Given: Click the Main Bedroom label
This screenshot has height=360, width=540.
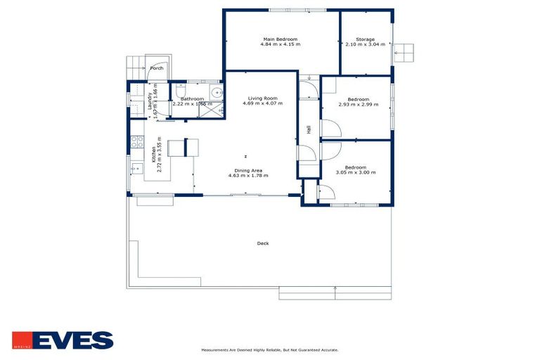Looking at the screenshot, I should tap(281, 39).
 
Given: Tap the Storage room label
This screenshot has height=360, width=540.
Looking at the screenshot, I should tap(365, 39).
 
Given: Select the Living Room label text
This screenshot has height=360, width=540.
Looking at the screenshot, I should tap(262, 98).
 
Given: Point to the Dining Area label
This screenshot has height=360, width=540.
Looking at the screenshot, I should tap(248, 169).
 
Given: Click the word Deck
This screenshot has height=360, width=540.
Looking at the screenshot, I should tap(263, 243).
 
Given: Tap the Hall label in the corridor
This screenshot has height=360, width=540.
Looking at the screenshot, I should tap(308, 129).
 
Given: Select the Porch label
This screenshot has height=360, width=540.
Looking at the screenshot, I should tap(157, 68).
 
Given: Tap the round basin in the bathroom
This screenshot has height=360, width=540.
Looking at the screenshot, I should tap(219, 93).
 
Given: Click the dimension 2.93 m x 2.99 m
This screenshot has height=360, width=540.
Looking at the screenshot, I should tap(358, 104).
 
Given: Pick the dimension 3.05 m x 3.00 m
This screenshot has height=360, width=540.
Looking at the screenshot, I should tap(356, 173).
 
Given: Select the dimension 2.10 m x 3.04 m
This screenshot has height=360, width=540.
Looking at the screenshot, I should tap(365, 44).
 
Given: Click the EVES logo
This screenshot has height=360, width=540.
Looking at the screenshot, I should tap(63, 340).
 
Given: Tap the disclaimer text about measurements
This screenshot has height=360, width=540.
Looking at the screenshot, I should tap(270, 349).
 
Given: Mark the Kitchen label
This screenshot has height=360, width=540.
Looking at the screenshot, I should tap(154, 154).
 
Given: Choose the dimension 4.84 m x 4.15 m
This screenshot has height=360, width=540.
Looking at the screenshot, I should tap(281, 44).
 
